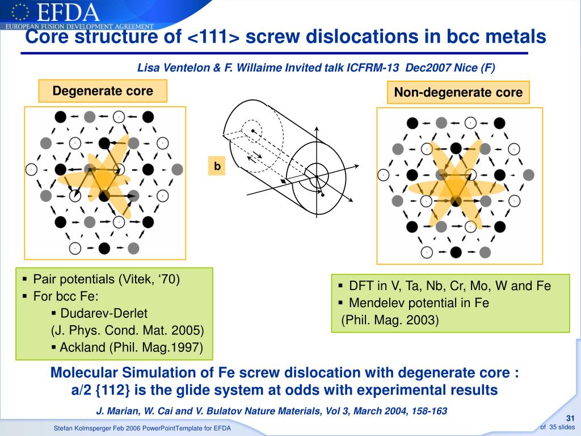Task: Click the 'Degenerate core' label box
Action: click(x=103, y=91)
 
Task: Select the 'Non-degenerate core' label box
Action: click(x=458, y=92)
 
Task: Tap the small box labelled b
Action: click(x=216, y=166)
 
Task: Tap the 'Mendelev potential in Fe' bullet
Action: click(x=419, y=303)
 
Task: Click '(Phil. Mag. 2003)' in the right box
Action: click(x=390, y=320)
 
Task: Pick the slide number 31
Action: click(x=570, y=419)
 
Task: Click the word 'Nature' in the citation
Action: click(x=261, y=411)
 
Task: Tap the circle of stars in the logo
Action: click(x=20, y=11)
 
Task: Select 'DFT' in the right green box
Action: click(x=360, y=286)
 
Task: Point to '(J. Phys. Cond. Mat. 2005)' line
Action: click(x=127, y=330)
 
